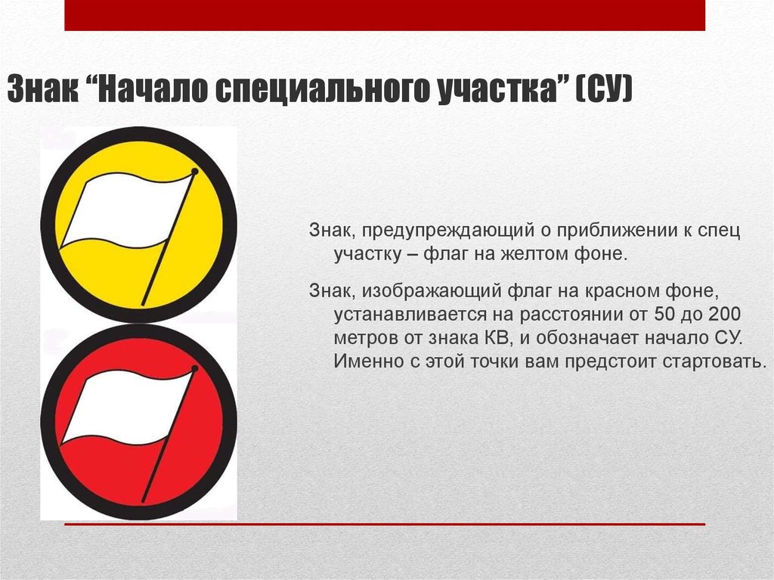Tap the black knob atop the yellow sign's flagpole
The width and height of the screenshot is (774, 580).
point(195,172)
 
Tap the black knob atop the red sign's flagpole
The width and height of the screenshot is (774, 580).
point(195,369)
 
